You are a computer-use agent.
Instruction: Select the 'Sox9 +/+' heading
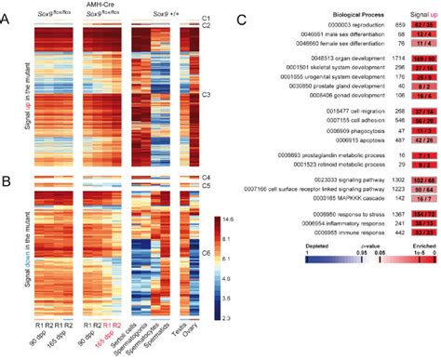click(170, 14)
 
